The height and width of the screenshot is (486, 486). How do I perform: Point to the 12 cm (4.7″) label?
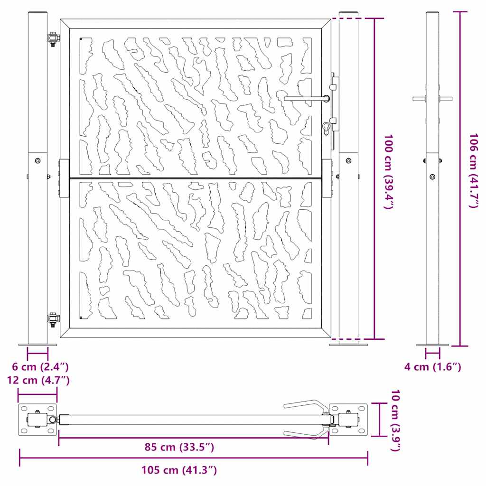(38, 380)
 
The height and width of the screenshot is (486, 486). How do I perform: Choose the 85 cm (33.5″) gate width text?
(179, 447)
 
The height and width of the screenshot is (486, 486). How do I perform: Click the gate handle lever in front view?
(306, 98)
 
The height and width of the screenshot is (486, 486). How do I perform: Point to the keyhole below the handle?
(326, 128)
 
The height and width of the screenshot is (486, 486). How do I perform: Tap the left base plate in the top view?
(38, 420)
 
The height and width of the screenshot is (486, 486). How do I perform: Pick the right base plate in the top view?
(349, 420)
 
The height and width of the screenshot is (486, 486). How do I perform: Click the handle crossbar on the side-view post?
(432, 99)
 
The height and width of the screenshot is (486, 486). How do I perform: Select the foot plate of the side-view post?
(432, 345)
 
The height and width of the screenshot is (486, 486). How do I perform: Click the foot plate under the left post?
(37, 345)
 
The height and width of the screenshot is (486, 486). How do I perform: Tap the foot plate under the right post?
(349, 345)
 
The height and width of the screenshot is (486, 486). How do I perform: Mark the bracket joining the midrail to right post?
(327, 178)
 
